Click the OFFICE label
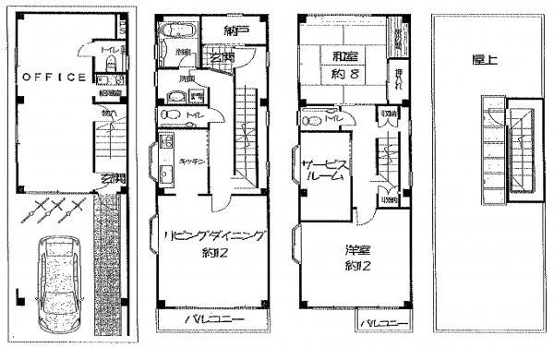coord(54,78)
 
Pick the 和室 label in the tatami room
coord(343,56)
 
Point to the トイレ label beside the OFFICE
coord(108,49)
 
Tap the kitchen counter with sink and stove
coord(166,162)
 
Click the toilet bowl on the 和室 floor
coord(309,117)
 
